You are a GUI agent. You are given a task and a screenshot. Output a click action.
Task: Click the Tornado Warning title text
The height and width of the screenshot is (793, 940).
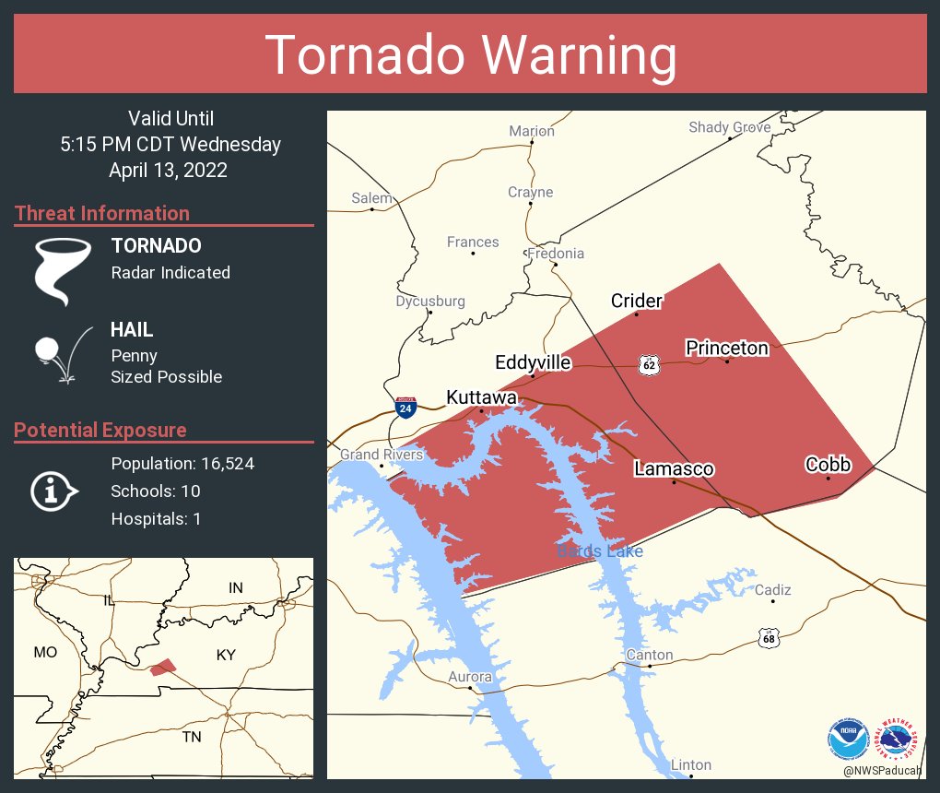point(470,54)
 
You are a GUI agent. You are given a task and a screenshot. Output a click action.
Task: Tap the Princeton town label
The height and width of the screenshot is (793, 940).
point(726,348)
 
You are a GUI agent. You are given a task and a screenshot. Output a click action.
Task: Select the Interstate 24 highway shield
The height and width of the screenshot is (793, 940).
point(404,406)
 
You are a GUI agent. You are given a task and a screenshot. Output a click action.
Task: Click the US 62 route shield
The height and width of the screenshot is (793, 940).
point(650,365)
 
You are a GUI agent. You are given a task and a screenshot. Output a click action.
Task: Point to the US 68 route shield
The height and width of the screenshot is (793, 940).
point(769,637)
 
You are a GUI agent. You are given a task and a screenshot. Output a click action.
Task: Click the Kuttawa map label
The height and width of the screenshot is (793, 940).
point(481,397)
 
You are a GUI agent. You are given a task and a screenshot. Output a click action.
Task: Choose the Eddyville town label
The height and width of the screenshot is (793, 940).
point(533,362)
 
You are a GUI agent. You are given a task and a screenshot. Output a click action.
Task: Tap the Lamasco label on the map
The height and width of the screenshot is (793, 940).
point(674,469)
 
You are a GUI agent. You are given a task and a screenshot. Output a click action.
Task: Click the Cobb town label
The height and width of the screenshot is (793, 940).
point(828,465)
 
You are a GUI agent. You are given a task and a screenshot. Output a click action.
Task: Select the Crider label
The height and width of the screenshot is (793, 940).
point(637,301)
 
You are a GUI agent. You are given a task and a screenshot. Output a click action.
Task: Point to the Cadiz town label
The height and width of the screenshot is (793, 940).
point(772,590)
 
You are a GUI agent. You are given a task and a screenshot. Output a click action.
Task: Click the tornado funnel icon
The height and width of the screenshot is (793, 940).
point(63,271)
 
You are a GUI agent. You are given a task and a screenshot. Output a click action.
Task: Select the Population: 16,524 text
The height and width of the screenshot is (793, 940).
point(182,464)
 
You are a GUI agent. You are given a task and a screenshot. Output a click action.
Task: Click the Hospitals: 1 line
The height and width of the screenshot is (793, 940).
point(156,519)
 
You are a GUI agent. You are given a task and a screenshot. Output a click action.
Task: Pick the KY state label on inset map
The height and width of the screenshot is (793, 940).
point(226,656)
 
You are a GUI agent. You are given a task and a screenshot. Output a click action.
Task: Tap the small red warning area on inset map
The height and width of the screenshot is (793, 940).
point(163,667)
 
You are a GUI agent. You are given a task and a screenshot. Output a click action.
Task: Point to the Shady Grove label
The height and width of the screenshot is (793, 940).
point(729,127)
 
